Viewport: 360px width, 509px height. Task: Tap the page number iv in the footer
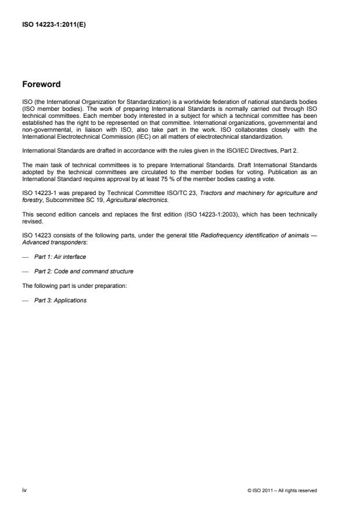24,490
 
